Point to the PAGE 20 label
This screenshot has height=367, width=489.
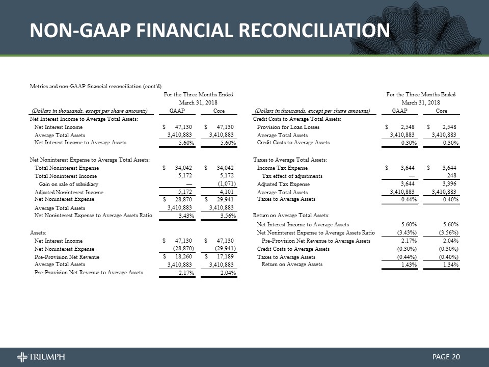[x=446, y=356]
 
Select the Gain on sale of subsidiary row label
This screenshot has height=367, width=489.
[x=68, y=183]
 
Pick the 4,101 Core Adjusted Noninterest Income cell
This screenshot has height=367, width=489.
[x=225, y=192]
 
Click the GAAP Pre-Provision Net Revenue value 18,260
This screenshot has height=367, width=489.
[x=181, y=257]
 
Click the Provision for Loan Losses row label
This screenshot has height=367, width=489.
[x=288, y=127]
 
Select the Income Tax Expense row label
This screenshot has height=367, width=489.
[x=282, y=168]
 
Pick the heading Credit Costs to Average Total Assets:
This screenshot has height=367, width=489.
[x=297, y=119]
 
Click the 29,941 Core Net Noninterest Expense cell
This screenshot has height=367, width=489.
[x=223, y=200]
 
